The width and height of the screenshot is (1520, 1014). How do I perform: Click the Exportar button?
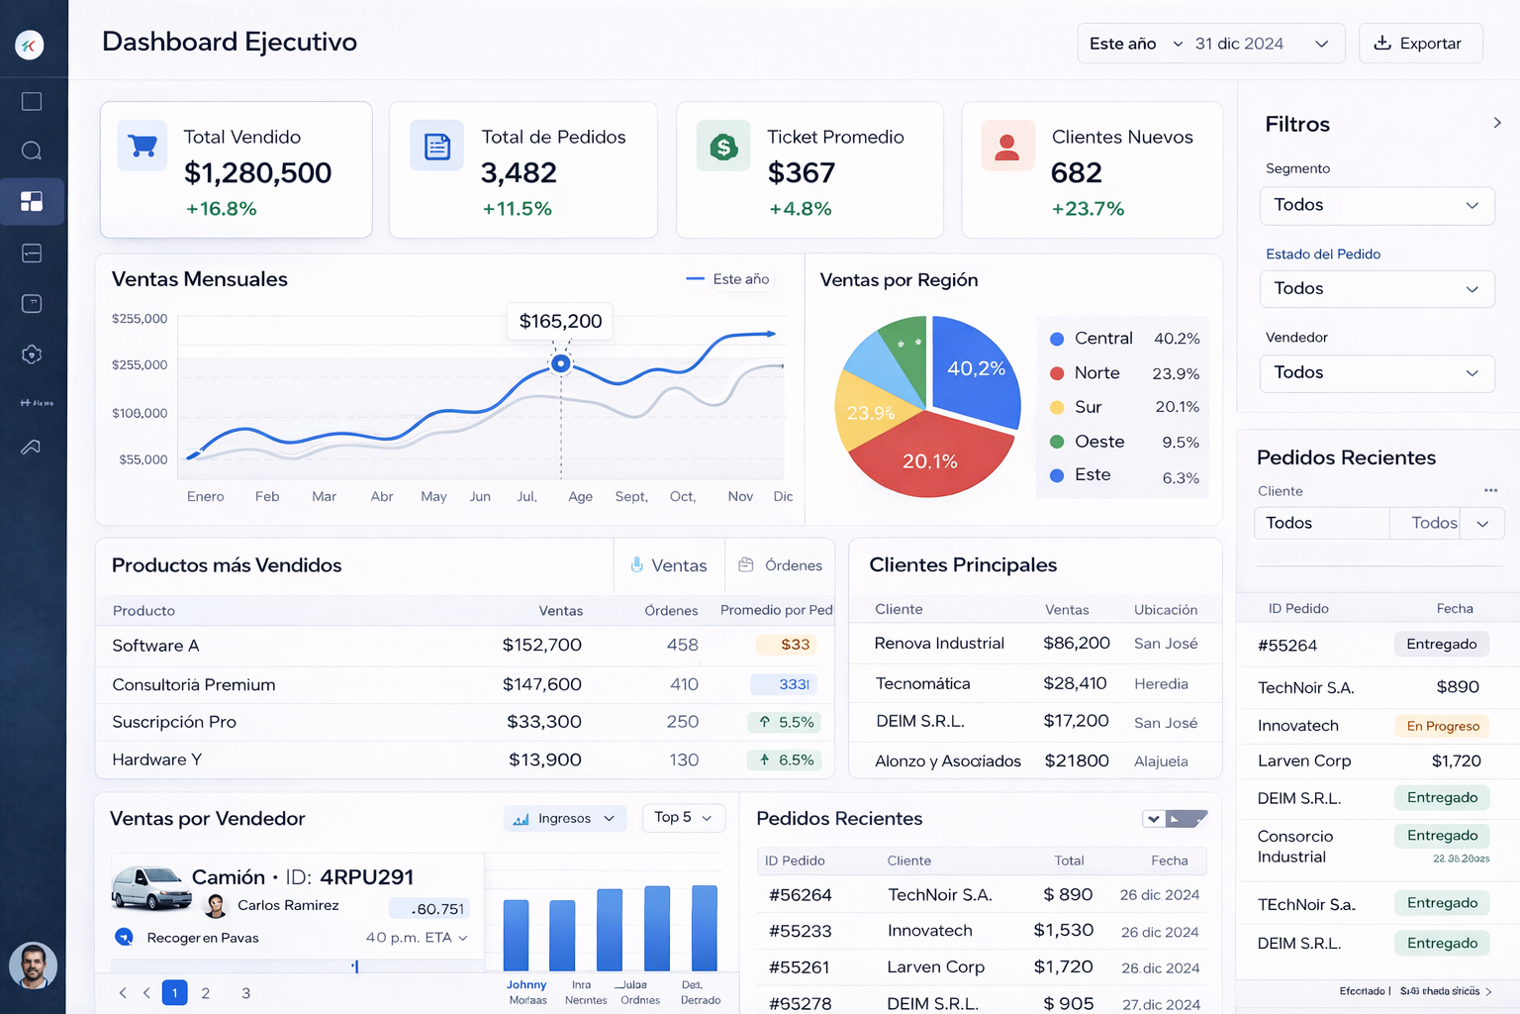click(1420, 44)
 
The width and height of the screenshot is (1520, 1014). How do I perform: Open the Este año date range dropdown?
click(1135, 44)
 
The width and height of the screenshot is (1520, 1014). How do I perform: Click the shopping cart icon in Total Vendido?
click(142, 146)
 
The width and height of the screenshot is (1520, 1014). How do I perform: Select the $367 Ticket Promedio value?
click(802, 173)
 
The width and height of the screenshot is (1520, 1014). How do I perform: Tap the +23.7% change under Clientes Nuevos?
click(1088, 209)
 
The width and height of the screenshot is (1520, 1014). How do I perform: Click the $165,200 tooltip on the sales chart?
click(560, 321)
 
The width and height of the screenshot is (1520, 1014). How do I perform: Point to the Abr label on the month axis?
click(382, 496)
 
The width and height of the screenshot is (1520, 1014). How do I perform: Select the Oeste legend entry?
click(1098, 442)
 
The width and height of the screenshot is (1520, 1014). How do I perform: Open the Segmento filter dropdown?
click(1376, 205)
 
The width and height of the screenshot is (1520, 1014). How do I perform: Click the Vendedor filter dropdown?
click(1376, 372)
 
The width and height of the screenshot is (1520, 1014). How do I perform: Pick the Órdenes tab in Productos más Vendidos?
click(781, 565)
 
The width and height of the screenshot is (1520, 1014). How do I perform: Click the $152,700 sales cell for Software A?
click(541, 645)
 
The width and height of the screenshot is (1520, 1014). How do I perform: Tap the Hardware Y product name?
click(156, 760)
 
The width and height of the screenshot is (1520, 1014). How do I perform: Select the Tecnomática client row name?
click(922, 683)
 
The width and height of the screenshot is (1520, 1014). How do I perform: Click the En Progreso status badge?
click(1442, 726)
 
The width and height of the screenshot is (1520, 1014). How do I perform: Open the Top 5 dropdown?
click(683, 817)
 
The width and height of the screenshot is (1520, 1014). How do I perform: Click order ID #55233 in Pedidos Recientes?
click(800, 931)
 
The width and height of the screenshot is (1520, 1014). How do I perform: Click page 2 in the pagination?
click(206, 993)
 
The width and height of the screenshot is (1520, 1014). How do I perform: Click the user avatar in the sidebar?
click(33, 965)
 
